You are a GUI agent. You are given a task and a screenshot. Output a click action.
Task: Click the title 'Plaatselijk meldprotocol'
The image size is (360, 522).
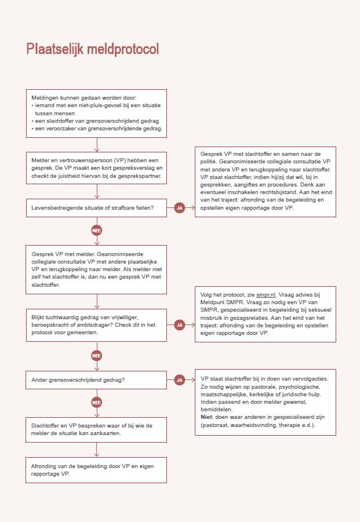tap(93, 49)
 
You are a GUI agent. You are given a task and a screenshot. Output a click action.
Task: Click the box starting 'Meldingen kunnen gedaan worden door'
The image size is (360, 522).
tap(97, 113)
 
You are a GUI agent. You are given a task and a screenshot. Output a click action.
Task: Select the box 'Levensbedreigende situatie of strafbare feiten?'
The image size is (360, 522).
tap(97, 207)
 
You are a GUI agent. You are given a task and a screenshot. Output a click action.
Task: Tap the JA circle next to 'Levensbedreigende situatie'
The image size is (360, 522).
tap(179, 207)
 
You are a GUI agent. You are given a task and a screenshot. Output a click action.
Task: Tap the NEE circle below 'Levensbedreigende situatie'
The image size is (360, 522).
tap(97, 231)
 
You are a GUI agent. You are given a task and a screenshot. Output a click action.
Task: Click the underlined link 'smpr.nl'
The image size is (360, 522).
tap(265, 295)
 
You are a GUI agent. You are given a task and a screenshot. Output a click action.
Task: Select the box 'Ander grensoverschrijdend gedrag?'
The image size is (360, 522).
tap(97, 380)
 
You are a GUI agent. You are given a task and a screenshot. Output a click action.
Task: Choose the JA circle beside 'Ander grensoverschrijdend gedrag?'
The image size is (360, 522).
tap(179, 380)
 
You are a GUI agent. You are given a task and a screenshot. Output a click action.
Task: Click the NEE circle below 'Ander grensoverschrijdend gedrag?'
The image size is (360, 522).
tap(97, 401)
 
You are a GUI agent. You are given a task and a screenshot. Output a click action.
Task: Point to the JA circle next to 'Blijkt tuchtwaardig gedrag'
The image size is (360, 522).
tap(179, 325)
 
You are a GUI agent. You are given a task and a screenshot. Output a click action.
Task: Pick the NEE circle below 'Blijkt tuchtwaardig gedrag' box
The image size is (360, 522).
tap(97, 356)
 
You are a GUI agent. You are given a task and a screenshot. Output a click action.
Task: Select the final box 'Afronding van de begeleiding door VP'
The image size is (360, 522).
tap(97, 470)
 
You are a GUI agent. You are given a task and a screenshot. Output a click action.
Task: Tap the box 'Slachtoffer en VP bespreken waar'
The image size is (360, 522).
tap(97, 429)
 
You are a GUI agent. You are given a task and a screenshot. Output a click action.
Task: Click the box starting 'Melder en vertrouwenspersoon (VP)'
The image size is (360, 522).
tap(97, 168)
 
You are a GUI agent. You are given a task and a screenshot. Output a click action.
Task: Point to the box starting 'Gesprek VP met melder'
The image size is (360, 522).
tap(97, 269)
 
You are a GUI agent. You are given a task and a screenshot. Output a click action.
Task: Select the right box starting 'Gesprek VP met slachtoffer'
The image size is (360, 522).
tap(264, 181)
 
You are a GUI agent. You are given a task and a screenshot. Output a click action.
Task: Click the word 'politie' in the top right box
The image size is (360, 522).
tap(210, 162)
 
